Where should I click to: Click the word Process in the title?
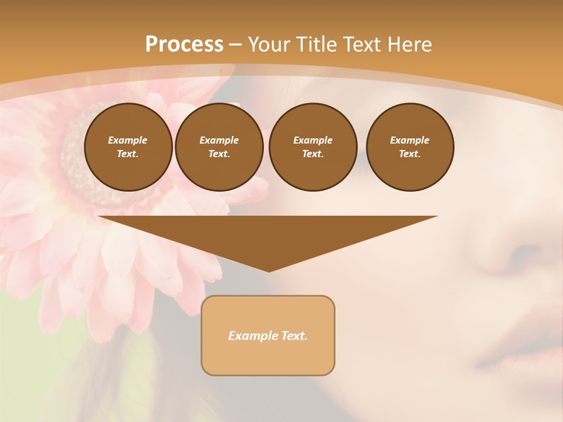click(x=184, y=45)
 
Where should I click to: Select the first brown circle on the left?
click(x=128, y=147)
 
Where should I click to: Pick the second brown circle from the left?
click(x=219, y=147)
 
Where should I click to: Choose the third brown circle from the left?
click(x=313, y=147)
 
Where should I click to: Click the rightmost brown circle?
click(x=410, y=147)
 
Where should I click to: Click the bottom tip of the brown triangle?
click(x=269, y=271)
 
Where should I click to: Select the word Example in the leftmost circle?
click(x=128, y=140)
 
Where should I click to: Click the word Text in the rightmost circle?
click(x=409, y=154)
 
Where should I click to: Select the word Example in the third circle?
click(x=313, y=140)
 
